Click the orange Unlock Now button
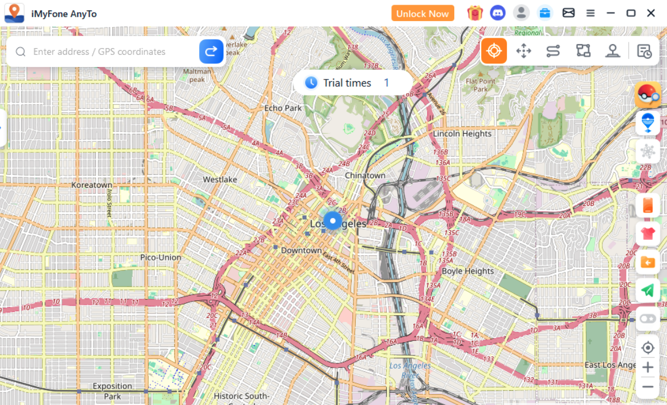422,13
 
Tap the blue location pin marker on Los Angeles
332,221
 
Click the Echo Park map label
283,108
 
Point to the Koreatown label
92,185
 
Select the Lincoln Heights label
462,133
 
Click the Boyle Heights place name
467,271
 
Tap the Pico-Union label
161,257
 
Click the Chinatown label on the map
365,175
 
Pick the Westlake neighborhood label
220,179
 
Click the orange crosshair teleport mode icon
494,51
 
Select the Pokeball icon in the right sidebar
648,94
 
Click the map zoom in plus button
648,367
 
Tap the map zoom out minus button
648,387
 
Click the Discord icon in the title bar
498,13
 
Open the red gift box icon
475,13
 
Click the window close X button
651,13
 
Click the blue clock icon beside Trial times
311,82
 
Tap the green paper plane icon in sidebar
648,291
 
